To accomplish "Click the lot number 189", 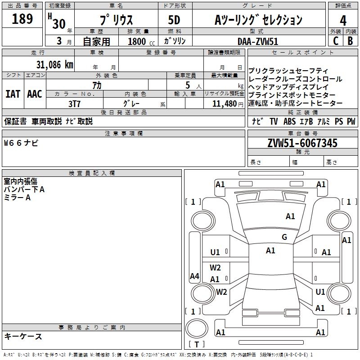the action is pos(22,19).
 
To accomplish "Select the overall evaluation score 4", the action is pos(343,21).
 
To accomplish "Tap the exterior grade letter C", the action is pos(336,40).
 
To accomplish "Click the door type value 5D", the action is pos(174,20).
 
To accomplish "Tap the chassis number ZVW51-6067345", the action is pos(302,143).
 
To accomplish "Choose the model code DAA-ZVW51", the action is pos(259,41).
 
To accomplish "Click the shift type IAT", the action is pos(13,94).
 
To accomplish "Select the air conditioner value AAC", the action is pos(35,94).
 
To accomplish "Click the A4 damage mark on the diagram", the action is pos(194,276).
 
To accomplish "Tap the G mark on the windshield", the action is pos(284,237).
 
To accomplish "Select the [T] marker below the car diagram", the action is pos(196,345).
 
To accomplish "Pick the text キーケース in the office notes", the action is pos(23,336).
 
